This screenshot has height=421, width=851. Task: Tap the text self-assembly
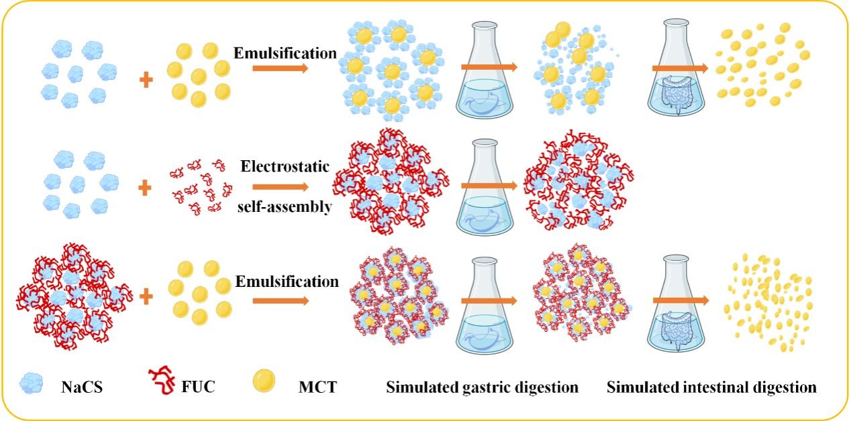click(x=285, y=207)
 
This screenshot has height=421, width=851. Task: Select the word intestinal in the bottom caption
click(x=706, y=387)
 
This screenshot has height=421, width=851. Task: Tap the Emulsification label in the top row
click(x=285, y=52)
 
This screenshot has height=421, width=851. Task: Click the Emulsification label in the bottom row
click(x=287, y=282)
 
